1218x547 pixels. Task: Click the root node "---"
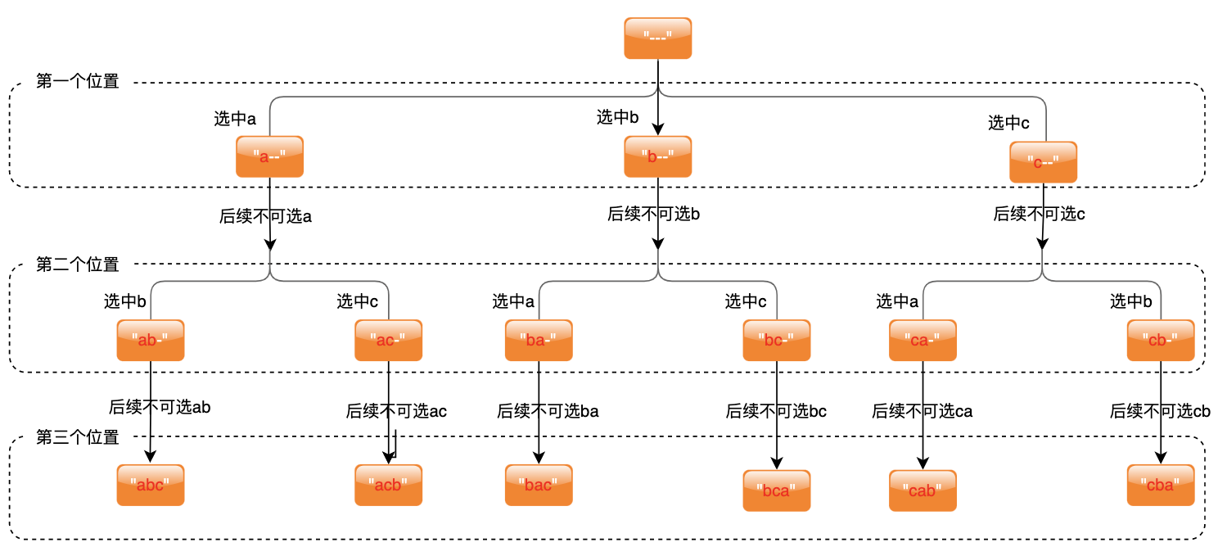657,38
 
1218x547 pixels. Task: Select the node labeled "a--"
269,156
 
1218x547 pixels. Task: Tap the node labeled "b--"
657,156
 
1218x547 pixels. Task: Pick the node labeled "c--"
1043,162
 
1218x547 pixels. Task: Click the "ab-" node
151,340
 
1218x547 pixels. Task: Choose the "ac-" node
388,340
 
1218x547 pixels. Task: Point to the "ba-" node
539,340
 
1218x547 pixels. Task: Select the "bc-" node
776,340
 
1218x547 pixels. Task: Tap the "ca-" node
923,340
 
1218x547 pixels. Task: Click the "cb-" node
1161,340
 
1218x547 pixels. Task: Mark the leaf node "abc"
151,485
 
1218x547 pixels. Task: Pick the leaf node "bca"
776,490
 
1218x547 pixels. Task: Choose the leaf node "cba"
1161,485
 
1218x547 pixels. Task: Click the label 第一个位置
78,82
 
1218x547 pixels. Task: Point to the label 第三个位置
78,437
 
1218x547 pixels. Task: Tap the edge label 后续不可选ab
160,406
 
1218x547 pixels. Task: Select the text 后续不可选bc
776,411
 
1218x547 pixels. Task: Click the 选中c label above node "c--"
1008,123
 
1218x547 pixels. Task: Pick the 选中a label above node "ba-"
513,301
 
